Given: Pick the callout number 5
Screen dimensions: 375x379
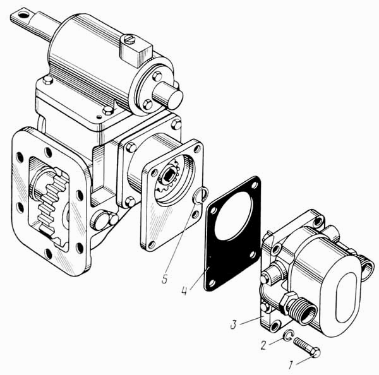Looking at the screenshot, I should [x=164, y=278].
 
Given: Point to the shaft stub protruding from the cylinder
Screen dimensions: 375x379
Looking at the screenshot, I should [x=171, y=95].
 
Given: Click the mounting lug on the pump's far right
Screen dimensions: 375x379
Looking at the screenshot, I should [x=367, y=268].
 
